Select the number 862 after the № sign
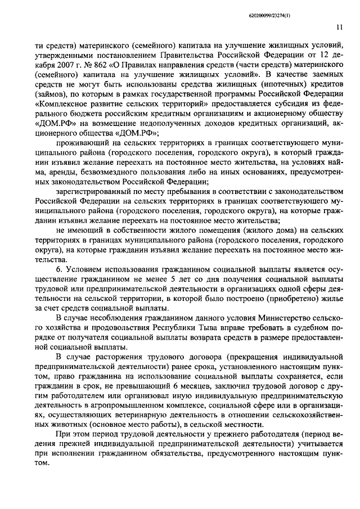pyautogui.click(x=80, y=76)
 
